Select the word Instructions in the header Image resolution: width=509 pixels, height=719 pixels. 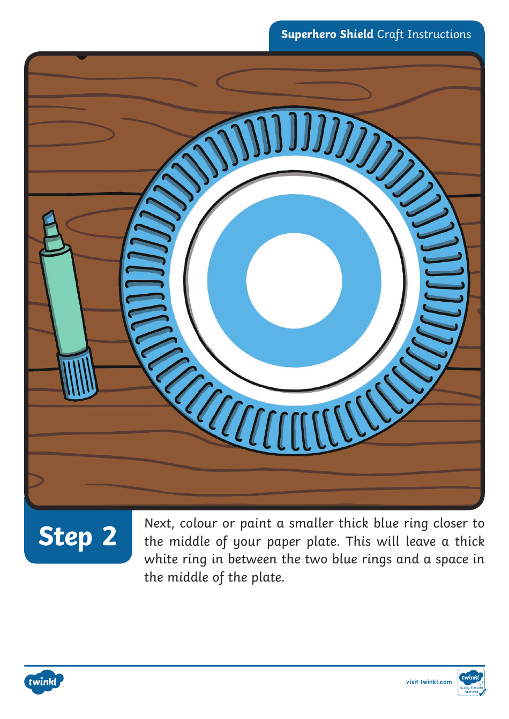439,34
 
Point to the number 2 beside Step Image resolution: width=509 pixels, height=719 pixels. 109,536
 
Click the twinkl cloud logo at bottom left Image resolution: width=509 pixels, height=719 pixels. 43,682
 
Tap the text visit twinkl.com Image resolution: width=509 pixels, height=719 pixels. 429,682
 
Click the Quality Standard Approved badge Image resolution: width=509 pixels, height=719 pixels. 471,683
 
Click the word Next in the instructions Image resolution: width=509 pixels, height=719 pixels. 159,524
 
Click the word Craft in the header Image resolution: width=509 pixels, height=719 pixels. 390,34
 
